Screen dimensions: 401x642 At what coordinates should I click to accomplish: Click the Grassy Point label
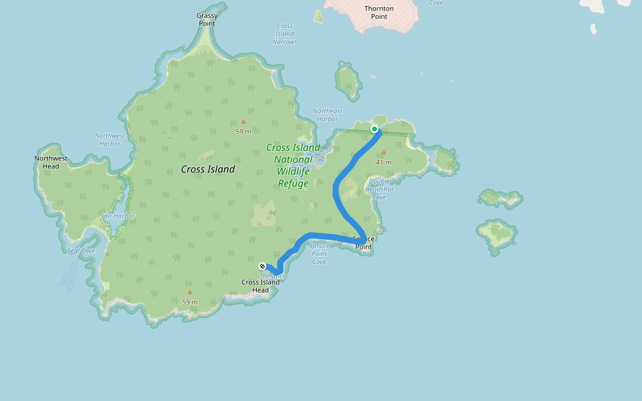tap(207, 19)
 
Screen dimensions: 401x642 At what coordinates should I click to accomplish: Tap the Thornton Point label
tap(379, 12)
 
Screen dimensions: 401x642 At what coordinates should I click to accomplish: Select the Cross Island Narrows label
tap(284, 33)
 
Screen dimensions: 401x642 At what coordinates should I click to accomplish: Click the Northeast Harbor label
tap(327, 115)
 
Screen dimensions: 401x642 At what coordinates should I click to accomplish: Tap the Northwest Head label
tap(51, 162)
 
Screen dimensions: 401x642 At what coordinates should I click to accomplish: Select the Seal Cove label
tap(82, 251)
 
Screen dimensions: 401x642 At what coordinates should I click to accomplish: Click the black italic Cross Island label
tap(208, 169)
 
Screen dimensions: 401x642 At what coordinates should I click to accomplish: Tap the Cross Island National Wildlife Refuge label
tap(293, 165)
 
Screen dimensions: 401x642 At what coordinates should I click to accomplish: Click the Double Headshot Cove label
tap(379, 189)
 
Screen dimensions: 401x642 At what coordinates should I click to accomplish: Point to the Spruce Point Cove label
tap(319, 253)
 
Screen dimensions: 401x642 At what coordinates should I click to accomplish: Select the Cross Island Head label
tap(260, 286)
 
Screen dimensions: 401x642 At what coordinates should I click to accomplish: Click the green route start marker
tap(374, 129)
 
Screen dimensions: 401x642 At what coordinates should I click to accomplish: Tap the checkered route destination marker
tap(262, 266)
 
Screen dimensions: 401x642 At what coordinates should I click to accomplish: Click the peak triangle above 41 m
tap(383, 152)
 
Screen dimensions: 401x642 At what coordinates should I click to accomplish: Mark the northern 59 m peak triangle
tap(243, 122)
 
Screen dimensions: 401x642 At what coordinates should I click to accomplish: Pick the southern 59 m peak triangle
tap(190, 292)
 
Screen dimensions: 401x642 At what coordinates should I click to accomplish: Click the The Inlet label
tap(272, 276)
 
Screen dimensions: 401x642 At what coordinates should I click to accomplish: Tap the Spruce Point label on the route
tap(363, 243)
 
